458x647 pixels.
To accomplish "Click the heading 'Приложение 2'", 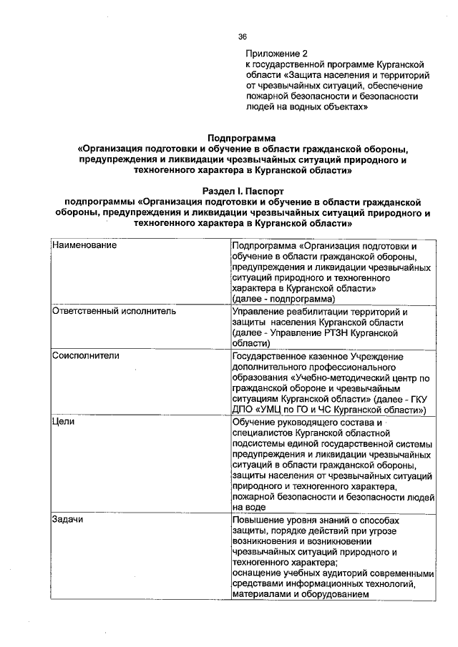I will (276, 53).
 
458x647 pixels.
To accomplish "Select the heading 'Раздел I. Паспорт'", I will (241, 192).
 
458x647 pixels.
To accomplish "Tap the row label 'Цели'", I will (61, 422).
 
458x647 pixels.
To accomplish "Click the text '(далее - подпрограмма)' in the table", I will (283, 298).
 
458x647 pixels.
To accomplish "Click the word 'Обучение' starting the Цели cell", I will (254, 422).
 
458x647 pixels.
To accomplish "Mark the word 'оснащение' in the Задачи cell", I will (257, 573).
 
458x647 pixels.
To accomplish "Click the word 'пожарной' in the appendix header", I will (266, 96).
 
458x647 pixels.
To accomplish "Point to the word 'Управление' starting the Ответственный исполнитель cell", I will (259, 312).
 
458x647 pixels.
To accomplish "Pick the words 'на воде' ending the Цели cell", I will (248, 507).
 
